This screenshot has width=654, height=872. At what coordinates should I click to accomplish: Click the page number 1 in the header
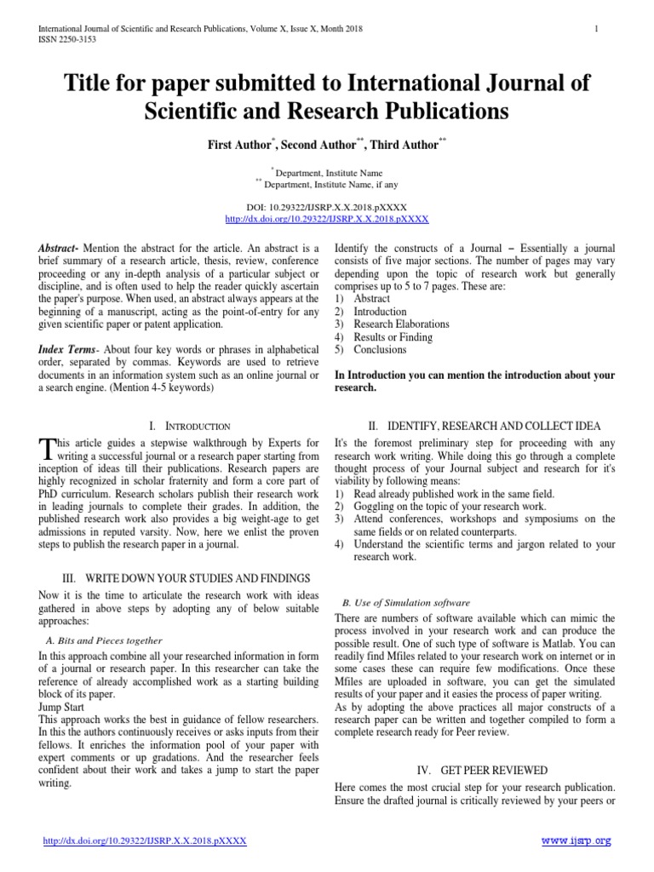(x=597, y=29)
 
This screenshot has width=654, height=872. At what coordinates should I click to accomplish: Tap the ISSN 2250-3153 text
(x=66, y=40)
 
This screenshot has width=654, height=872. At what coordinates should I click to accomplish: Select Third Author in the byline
(x=400, y=145)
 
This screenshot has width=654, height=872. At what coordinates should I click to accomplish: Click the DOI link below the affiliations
(x=327, y=218)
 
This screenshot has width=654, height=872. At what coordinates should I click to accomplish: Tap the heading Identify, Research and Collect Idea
(x=484, y=426)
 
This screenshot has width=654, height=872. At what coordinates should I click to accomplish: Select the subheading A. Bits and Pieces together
(x=103, y=640)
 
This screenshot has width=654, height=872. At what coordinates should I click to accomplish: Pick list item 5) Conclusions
(x=370, y=349)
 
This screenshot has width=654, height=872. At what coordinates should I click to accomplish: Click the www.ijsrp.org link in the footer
(x=577, y=840)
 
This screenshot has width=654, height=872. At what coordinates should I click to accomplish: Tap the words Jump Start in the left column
(x=62, y=708)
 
